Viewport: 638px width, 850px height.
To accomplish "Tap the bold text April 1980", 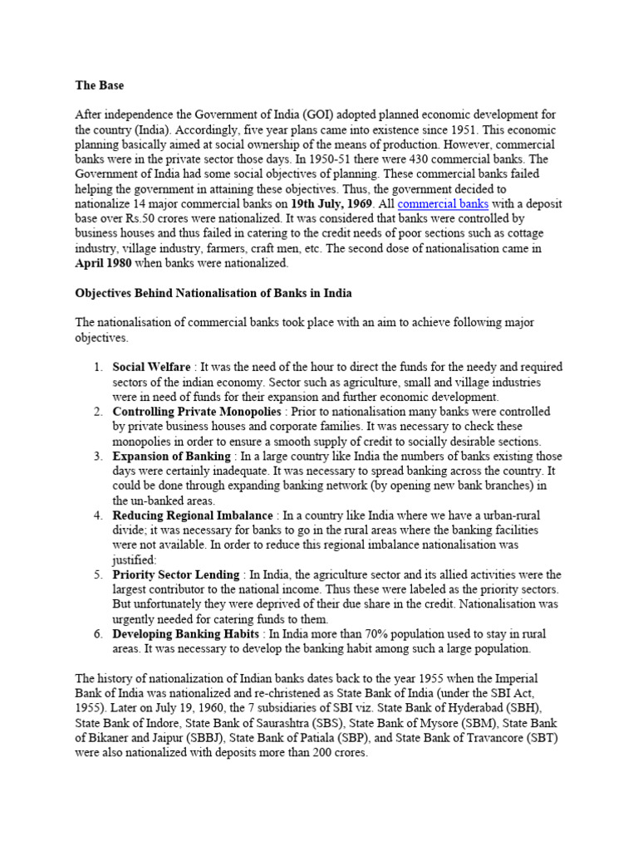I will click(x=110, y=263).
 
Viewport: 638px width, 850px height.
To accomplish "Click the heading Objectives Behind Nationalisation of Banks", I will click(x=213, y=293).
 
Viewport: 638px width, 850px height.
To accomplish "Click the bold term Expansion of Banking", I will click(x=171, y=456).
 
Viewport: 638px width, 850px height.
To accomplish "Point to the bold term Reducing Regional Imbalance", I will click(x=193, y=515).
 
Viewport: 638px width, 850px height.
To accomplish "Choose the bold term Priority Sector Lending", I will click(x=177, y=574).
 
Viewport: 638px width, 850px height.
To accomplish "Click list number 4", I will click(x=97, y=515).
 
